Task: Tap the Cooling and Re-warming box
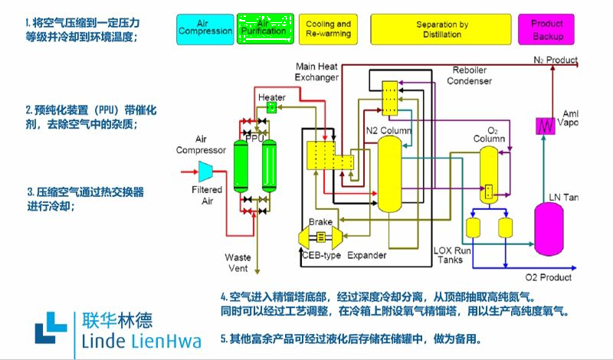pos(328,29)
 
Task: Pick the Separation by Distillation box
pos(442,29)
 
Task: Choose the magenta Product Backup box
pos(546,29)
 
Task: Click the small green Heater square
pos(271,107)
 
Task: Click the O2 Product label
pos(548,277)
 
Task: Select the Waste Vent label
pos(238,263)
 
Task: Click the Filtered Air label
pos(207,195)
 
